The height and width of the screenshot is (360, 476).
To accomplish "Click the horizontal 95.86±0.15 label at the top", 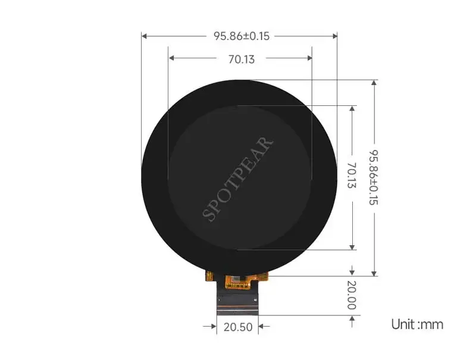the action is pyautogui.click(x=242, y=36).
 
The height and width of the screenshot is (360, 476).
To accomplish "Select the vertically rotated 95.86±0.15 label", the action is pyautogui.click(x=374, y=177).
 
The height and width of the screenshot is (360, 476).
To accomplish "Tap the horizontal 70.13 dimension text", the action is pyautogui.click(x=242, y=59).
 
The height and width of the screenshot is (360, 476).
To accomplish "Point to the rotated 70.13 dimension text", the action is pyautogui.click(x=352, y=175).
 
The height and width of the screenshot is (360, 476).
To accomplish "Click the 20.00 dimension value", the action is pyautogui.click(x=352, y=295).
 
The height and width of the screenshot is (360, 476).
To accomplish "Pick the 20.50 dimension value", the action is pyautogui.click(x=238, y=327).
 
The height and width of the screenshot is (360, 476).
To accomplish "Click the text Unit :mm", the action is pyautogui.click(x=417, y=324).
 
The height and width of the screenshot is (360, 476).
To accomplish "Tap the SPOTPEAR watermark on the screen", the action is pyautogui.click(x=237, y=179).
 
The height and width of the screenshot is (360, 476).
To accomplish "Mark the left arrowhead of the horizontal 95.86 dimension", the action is pyautogui.click(x=145, y=36).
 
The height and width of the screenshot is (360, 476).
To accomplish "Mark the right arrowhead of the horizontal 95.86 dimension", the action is pyautogui.click(x=334, y=36).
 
